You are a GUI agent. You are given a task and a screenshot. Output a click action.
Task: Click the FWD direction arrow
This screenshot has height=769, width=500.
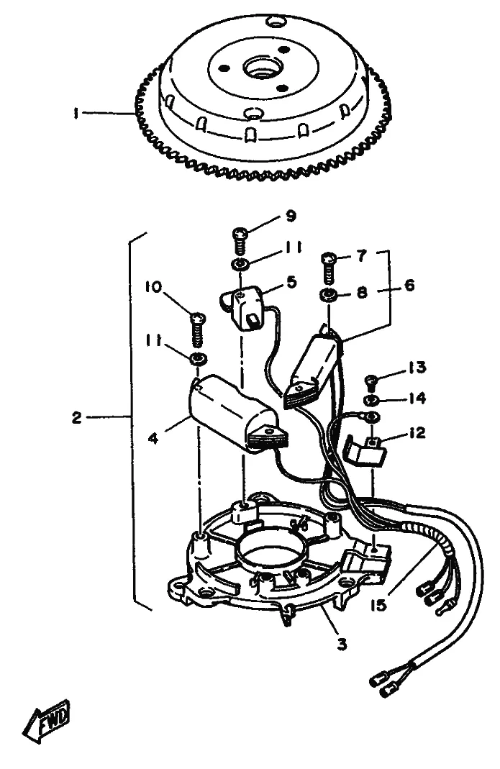pyautogui.click(x=47, y=721)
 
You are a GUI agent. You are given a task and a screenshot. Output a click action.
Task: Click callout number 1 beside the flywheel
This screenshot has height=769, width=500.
pyautogui.click(x=76, y=114)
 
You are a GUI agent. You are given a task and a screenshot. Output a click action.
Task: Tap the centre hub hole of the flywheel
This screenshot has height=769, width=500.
pyautogui.click(x=258, y=67)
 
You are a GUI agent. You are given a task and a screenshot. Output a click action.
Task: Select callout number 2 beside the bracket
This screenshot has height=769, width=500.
pyautogui.click(x=76, y=418)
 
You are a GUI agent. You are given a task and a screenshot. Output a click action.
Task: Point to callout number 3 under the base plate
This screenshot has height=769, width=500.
pyautogui.click(x=342, y=643)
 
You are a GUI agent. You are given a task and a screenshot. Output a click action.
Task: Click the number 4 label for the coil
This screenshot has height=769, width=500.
pyautogui.click(x=153, y=438)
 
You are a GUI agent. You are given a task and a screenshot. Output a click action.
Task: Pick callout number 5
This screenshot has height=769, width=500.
pyautogui.click(x=292, y=282)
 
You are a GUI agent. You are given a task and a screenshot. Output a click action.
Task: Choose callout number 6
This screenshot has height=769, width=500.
pyautogui.click(x=409, y=285)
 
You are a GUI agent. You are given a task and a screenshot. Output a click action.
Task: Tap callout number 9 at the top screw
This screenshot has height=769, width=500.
pyautogui.click(x=291, y=217)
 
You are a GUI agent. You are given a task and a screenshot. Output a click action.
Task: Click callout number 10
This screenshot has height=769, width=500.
pyautogui.click(x=153, y=287)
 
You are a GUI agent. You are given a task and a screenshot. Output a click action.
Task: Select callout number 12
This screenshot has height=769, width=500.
pyautogui.click(x=417, y=433)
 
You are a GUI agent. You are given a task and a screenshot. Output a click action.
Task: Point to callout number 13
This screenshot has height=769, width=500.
pyautogui.click(x=417, y=368)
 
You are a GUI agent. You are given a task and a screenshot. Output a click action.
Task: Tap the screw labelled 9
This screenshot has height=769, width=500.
pyautogui.click(x=240, y=240)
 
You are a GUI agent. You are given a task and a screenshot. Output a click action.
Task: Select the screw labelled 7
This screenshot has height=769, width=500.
pyautogui.click(x=328, y=267)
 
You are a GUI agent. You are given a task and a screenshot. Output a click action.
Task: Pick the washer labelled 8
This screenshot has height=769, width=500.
pyautogui.click(x=328, y=296)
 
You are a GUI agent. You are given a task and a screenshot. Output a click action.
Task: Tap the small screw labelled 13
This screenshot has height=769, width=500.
pyautogui.click(x=371, y=380)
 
